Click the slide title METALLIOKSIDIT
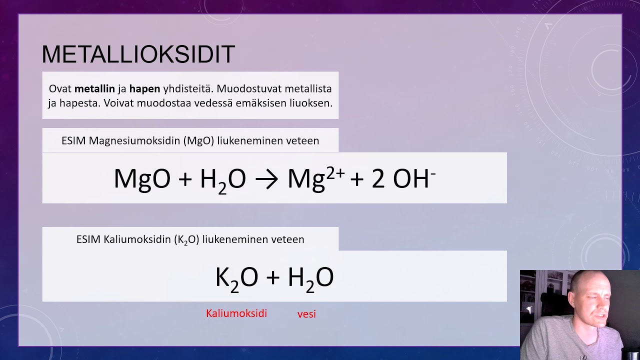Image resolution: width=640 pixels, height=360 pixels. point(138,54)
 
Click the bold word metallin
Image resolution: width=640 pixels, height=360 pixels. point(94,89)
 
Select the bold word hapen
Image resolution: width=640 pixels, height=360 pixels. point(144,89)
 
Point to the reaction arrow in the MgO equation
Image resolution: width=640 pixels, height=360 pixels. point(266,178)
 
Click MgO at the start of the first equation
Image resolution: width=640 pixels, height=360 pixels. point(142,178)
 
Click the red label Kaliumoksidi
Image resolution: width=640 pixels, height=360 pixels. point(236,313)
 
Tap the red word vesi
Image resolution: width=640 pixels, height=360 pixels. point(306,314)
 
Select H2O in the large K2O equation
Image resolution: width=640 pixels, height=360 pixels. point(310,278)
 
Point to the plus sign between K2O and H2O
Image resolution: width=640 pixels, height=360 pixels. point(272,278)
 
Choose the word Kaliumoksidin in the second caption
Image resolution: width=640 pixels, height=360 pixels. point(138,239)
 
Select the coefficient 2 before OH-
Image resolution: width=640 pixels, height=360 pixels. point(378,178)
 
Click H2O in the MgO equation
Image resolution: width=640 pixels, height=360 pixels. point(222,178)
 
